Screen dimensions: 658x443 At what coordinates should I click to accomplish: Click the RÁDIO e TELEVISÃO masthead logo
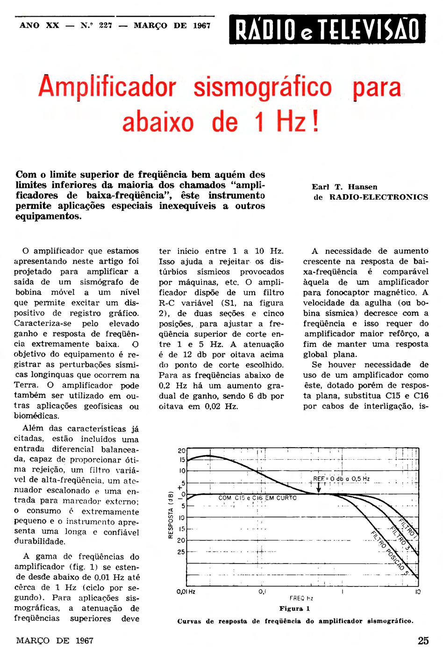click(327, 29)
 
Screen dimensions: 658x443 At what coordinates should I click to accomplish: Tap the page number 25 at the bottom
click(423, 641)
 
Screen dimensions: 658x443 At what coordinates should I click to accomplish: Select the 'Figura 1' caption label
click(294, 608)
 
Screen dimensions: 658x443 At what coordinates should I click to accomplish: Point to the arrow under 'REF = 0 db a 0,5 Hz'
click(318, 487)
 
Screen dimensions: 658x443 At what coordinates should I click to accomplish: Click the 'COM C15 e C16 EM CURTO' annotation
click(257, 498)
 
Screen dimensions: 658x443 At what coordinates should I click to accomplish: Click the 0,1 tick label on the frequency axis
click(262, 592)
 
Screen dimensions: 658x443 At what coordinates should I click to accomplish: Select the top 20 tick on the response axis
click(182, 450)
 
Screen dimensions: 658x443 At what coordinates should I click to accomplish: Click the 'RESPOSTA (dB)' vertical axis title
click(171, 514)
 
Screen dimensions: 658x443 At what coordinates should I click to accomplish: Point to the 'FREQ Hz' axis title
click(301, 598)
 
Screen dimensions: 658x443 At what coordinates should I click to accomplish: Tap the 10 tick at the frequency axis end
click(418, 592)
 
